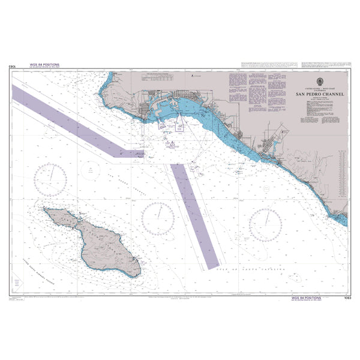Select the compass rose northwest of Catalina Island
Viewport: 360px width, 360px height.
pyautogui.click(x=50, y=179)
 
